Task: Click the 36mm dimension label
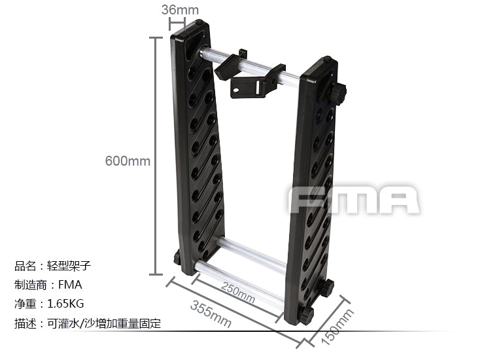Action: coord(180,10)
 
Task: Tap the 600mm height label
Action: coord(128,160)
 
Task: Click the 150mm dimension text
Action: coord(337,327)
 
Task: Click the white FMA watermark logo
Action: coord(354,200)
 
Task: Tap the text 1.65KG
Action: coord(65,304)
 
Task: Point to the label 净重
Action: coord(26,304)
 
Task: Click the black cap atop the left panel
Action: coord(199,24)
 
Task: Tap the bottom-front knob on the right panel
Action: coord(305,315)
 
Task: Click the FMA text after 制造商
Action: coord(70,285)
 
